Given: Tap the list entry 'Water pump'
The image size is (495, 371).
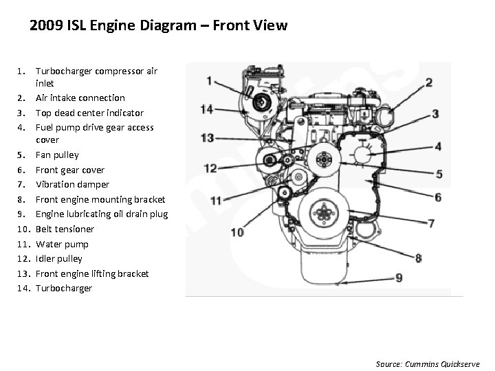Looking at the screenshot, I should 62,244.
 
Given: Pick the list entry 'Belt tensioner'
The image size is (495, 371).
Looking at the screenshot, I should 65,229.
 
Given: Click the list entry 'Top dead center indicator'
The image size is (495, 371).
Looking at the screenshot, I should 89,113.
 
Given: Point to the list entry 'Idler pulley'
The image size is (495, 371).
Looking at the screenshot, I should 59,258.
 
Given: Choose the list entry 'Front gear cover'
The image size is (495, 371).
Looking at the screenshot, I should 70,170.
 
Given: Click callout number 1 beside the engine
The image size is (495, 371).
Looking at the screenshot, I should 208,81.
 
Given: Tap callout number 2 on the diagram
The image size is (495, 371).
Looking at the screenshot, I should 428,83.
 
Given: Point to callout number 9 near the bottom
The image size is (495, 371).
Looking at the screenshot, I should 398,278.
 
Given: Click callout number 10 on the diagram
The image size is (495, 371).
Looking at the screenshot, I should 236,232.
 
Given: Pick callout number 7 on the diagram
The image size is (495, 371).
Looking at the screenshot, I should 430,223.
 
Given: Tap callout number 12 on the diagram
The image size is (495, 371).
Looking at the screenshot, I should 210,168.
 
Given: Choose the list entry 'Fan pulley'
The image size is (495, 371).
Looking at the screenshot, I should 57,155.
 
